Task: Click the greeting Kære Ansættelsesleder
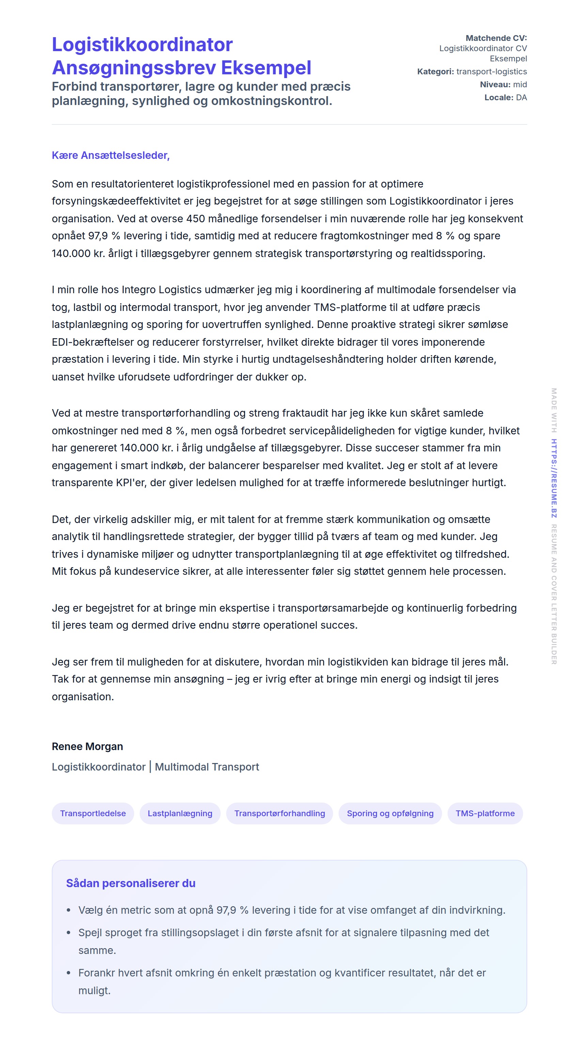coord(110,155)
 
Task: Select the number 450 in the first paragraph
coord(195,219)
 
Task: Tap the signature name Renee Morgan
coord(87,746)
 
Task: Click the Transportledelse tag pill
coord(93,813)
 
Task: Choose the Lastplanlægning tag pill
coord(180,813)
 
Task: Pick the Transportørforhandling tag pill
coord(280,813)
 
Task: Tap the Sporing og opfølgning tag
coord(390,813)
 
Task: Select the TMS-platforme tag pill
coord(485,813)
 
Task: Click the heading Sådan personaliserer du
coord(131,883)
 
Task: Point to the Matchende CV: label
coord(496,38)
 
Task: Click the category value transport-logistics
coord(491,72)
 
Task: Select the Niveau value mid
coord(520,85)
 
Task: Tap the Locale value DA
coord(521,98)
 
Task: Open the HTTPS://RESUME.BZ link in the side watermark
coord(554,478)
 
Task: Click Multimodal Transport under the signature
coord(207,767)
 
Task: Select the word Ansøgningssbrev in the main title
coord(134,68)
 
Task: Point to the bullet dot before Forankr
coord(68,973)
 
